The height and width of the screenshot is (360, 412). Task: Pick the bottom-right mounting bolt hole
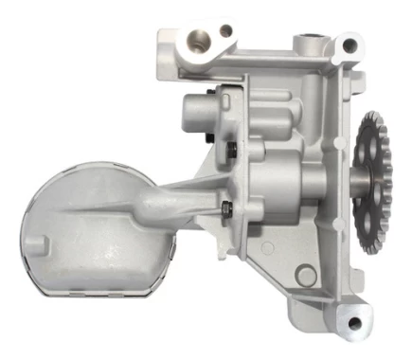pyautogui.click(x=354, y=324)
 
